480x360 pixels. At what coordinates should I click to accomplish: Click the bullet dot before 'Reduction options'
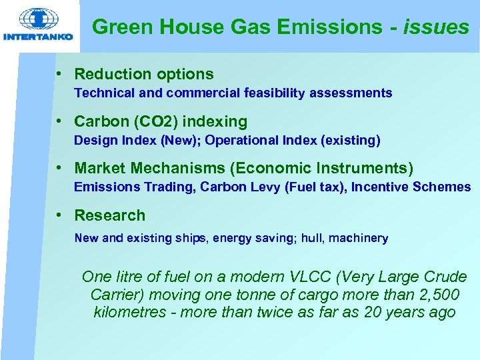59,74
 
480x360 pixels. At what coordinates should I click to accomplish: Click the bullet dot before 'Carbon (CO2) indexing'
59,122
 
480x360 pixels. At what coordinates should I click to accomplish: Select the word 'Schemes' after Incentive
443,187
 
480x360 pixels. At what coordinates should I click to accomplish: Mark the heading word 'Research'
109,215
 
